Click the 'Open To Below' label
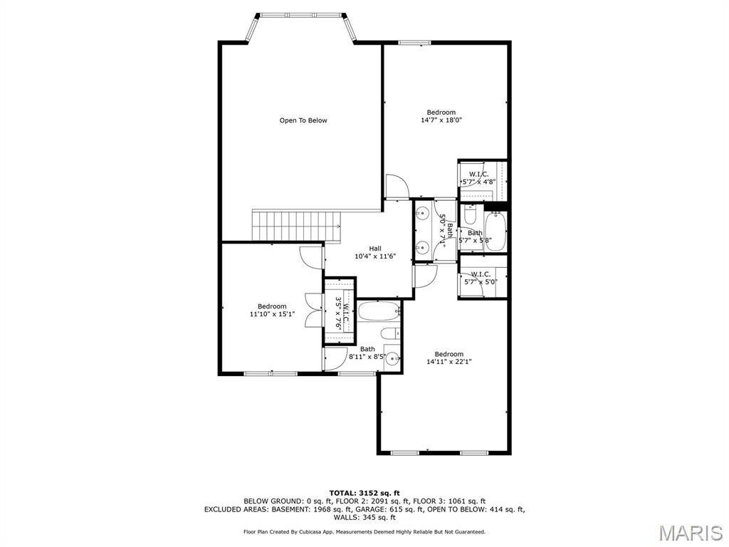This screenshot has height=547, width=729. (303, 120)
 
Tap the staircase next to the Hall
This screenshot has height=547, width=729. (296, 226)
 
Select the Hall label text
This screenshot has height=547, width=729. (374, 249)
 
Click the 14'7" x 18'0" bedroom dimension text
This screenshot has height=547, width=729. (441, 120)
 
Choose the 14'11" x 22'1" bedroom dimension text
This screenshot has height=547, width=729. (449, 362)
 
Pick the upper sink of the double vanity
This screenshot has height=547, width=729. (422, 212)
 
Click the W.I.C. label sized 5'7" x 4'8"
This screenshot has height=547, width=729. (478, 178)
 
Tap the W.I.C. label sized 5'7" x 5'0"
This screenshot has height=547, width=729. (480, 277)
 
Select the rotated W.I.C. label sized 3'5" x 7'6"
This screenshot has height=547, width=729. (342, 312)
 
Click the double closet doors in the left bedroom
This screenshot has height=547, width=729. (310, 311)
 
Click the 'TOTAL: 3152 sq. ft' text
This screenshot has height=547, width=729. (364, 493)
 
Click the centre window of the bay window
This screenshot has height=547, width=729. (298, 14)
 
